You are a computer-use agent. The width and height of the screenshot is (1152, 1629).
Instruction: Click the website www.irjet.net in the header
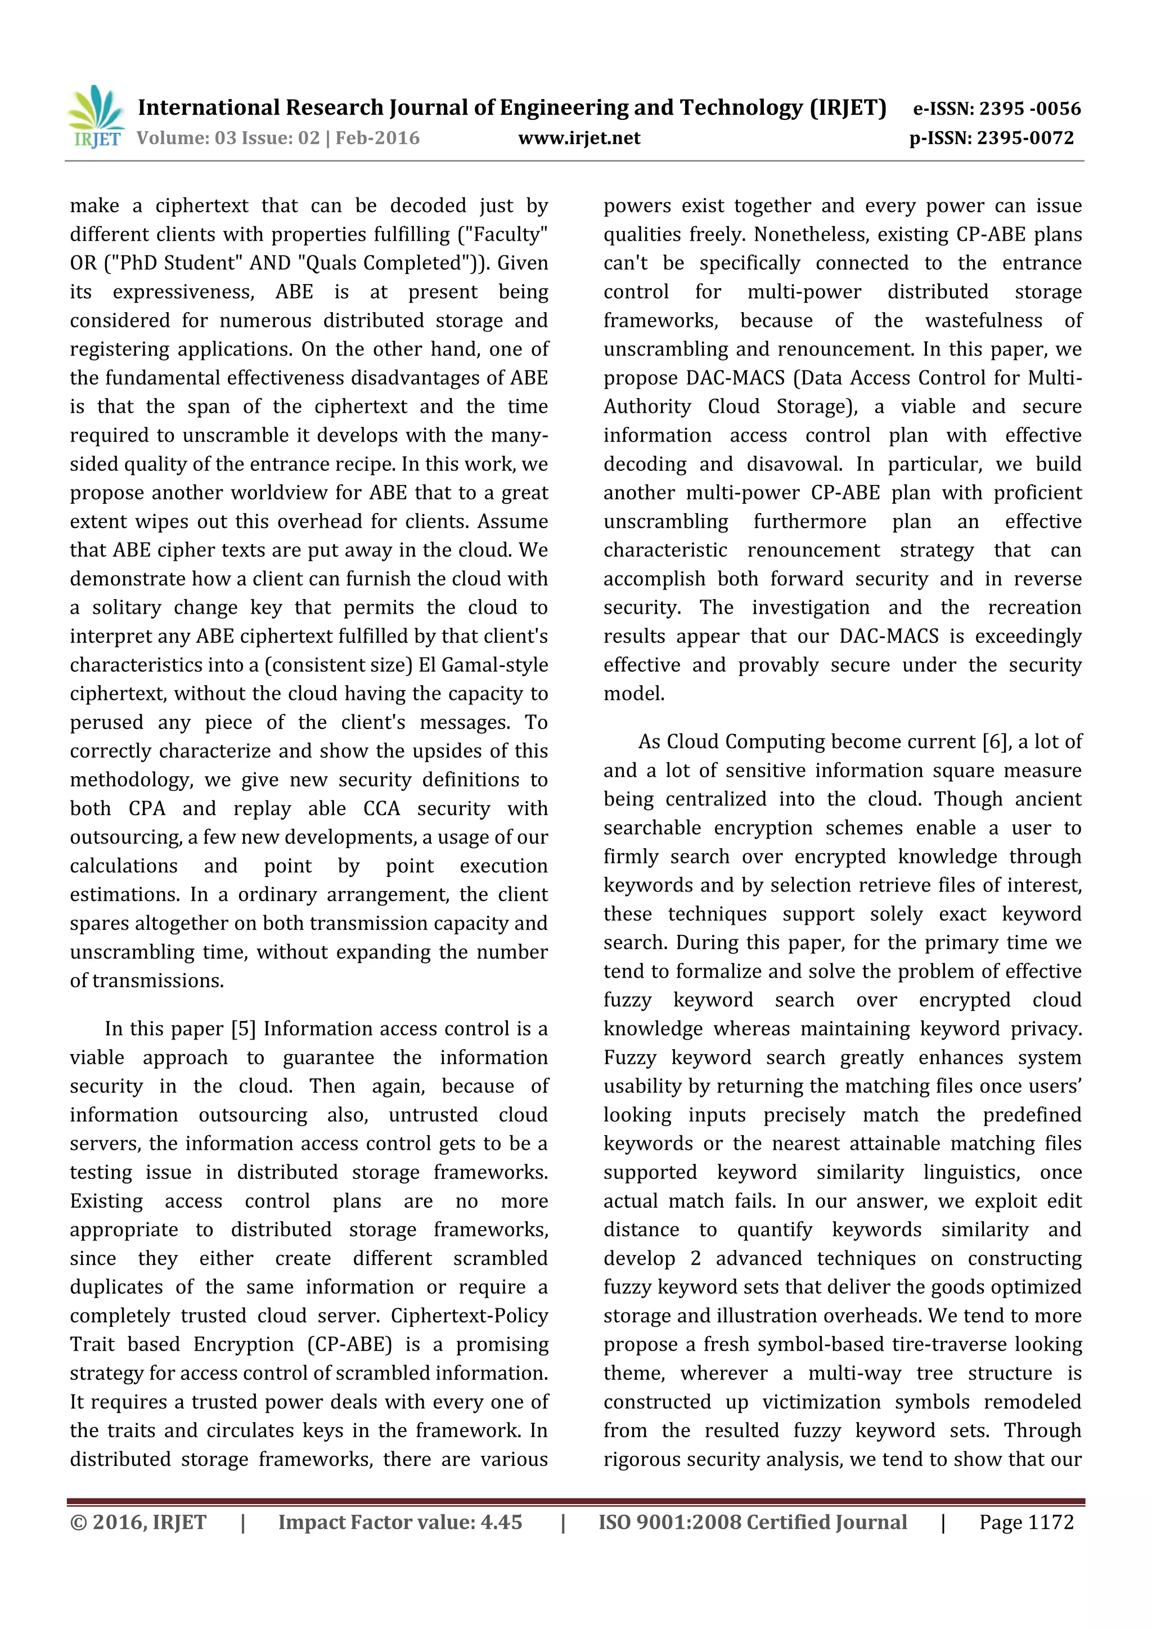pos(579,138)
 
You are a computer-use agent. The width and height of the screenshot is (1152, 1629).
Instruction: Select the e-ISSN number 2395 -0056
pos(1029,109)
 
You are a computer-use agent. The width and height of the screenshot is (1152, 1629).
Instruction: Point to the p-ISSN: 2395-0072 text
pos(992,138)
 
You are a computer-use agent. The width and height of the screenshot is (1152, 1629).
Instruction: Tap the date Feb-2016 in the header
pos(377,138)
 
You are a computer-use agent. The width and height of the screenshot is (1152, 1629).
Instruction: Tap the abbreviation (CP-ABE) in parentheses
pos(349,1344)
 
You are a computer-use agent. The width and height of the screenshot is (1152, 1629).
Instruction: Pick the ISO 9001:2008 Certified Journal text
pos(752,1522)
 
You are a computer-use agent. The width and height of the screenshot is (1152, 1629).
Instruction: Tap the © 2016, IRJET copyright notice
pos(138,1522)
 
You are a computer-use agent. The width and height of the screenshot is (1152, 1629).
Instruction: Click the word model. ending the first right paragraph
pos(633,694)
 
